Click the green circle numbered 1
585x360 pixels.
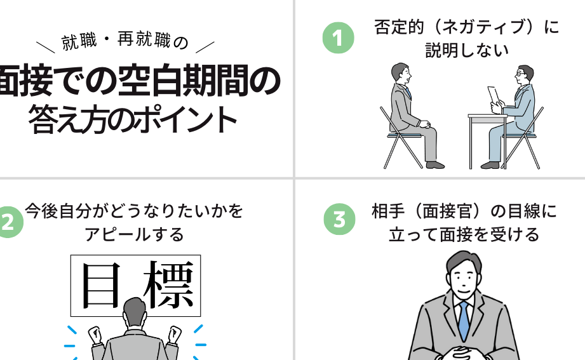tap(339, 37)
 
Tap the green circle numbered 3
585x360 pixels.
tap(340, 219)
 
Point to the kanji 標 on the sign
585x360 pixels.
tap(168, 284)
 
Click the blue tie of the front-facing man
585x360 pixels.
tap(464, 321)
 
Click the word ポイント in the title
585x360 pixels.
tap(185, 119)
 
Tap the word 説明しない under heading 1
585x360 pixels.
tap(467, 50)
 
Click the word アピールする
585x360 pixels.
tap(134, 234)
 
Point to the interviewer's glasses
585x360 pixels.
tap(520, 74)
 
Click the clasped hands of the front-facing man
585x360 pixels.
tap(462, 353)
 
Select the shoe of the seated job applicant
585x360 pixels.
tap(435, 165)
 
